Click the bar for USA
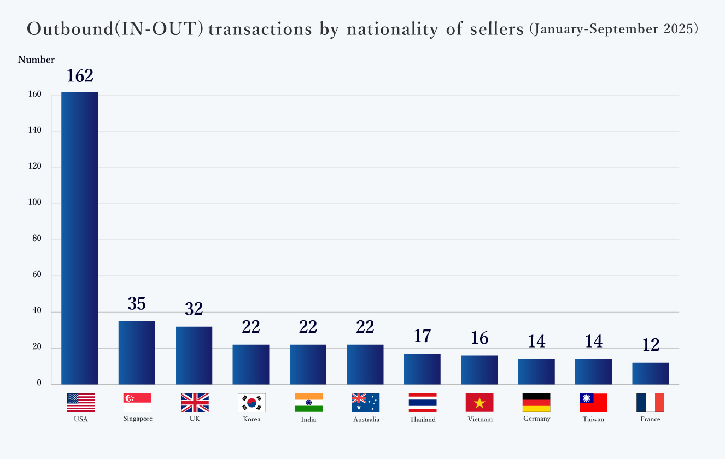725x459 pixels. pyautogui.click(x=79, y=238)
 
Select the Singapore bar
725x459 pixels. pyautogui.click(x=137, y=352)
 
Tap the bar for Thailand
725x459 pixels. pyautogui.click(x=422, y=369)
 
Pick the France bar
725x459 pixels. pyautogui.click(x=650, y=373)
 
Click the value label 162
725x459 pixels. pyautogui.click(x=80, y=76)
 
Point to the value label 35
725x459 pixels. pyautogui.click(x=137, y=304)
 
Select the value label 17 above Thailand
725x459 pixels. pyautogui.click(x=422, y=336)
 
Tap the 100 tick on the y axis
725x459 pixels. pyautogui.click(x=34, y=203)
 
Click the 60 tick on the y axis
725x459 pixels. pyautogui.click(x=36, y=275)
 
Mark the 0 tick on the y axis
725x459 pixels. pyautogui.click(x=39, y=383)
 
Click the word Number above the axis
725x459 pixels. pyautogui.click(x=36, y=60)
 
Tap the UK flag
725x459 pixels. pyautogui.click(x=195, y=403)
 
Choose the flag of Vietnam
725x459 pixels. pyautogui.click(x=480, y=403)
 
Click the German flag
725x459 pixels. pyautogui.click(x=536, y=403)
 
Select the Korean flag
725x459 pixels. pyautogui.click(x=252, y=403)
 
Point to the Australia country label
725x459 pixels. pyautogui.click(x=366, y=420)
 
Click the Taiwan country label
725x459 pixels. pyautogui.click(x=593, y=420)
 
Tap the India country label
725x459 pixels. pyautogui.click(x=308, y=420)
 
